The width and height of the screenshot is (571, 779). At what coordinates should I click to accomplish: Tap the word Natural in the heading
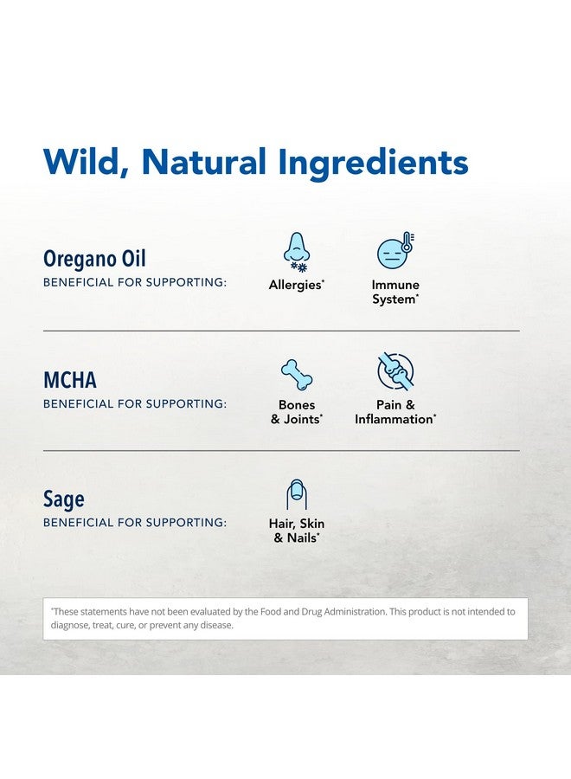[203, 162]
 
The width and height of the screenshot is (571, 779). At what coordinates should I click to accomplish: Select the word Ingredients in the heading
[374, 163]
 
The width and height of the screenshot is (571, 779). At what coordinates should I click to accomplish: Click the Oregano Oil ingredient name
[94, 259]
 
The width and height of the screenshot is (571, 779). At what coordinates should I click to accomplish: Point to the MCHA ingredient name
[70, 380]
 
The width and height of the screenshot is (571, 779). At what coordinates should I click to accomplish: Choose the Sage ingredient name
[63, 499]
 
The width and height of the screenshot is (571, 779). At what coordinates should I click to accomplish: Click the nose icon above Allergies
[297, 252]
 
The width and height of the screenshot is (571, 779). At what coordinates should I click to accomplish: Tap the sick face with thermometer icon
[395, 250]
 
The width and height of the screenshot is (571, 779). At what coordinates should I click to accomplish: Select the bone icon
[297, 375]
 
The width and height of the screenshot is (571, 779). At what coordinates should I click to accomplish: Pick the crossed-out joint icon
[395, 371]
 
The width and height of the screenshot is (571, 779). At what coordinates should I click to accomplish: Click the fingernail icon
[297, 494]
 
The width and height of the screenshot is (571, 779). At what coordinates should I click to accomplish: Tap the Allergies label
[297, 285]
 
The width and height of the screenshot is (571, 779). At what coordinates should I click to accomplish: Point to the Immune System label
[395, 293]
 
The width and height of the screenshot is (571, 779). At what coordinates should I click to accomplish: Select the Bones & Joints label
[297, 412]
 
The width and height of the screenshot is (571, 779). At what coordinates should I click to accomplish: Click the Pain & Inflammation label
[395, 412]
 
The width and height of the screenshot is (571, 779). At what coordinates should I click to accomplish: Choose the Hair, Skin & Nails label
[297, 531]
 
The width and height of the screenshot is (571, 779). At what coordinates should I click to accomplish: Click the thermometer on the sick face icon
[407, 242]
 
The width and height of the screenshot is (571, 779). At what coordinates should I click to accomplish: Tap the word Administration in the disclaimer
[355, 612]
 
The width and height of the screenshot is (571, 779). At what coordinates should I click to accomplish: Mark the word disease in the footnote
[216, 625]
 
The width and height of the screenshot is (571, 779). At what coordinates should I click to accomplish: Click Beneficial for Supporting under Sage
[135, 523]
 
